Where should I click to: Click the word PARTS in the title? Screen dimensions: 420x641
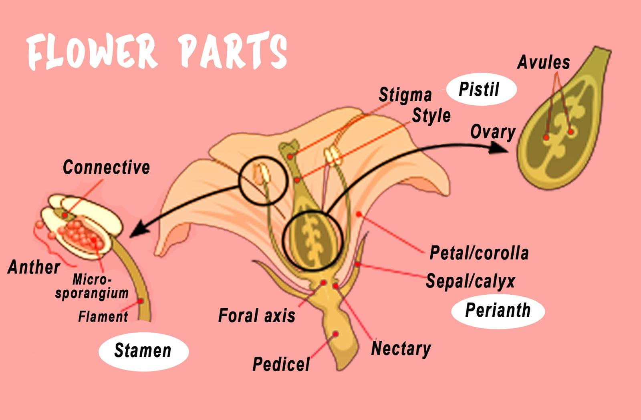tap(232, 51)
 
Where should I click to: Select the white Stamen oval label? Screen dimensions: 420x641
tap(143, 350)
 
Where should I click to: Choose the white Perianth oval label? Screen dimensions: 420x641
tap(498, 310)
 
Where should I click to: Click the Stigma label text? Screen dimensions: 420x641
tap(405, 95)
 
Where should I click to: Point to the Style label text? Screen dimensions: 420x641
tap(431, 116)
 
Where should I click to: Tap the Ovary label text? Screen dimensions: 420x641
tap(492, 132)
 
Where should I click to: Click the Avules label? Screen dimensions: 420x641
tap(543, 62)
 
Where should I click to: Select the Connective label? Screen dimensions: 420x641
tap(106, 167)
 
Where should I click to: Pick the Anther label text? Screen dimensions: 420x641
tap(34, 267)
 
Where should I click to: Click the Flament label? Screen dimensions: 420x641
tap(103, 317)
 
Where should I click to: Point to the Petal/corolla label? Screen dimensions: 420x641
tap(479, 253)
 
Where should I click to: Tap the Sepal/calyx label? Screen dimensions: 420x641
tap(470, 281)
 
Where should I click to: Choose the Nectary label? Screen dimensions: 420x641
tap(401, 349)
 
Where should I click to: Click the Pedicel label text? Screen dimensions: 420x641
tap(281, 364)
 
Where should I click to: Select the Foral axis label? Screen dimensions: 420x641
tap(256, 316)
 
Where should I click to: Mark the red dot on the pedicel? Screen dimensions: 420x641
tap(336, 334)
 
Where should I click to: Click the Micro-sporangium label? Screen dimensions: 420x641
tap(92, 287)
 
